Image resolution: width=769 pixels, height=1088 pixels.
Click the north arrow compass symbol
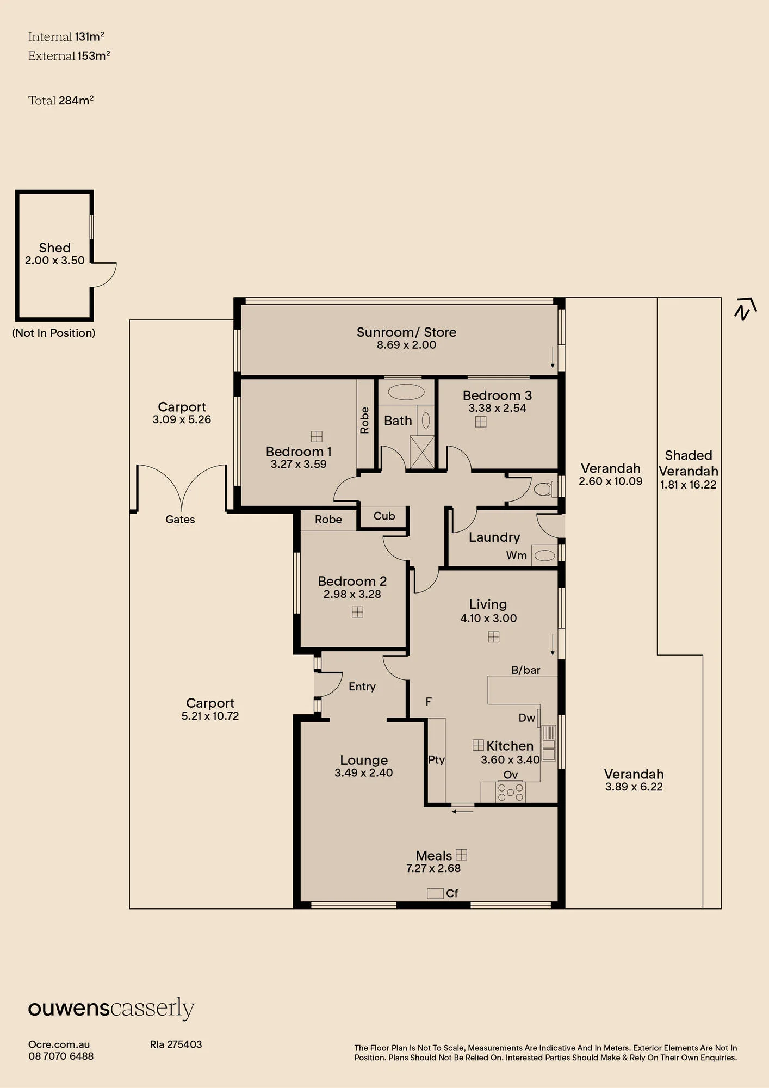point(745,308)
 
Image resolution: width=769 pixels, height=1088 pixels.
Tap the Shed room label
point(55,248)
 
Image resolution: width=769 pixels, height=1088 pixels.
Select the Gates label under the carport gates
point(180,520)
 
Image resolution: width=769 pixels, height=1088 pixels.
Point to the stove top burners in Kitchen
point(511,792)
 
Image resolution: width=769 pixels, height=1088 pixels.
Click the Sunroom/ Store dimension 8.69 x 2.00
point(406,345)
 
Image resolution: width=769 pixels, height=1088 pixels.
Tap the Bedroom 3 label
point(497,395)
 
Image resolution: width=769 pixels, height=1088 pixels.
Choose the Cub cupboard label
point(384,516)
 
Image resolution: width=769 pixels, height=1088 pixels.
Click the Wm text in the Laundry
point(517,555)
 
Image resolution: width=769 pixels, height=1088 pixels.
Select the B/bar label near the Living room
point(526,670)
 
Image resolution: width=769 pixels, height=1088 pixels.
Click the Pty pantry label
point(436,760)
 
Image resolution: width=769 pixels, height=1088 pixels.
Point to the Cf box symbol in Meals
point(435,893)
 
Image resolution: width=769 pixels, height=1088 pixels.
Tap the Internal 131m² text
point(66,37)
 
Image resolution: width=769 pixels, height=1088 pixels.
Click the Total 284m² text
point(61,101)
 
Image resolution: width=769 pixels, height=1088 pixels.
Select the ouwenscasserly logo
point(111,1009)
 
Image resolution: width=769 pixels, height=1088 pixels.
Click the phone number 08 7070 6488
point(61,1056)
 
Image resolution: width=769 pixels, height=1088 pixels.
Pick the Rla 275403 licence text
point(176,1044)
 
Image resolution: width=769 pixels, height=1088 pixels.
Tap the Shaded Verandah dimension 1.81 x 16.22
point(689,485)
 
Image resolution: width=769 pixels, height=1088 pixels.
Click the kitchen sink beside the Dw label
point(549,743)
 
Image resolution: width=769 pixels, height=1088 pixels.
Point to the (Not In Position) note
point(54,333)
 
